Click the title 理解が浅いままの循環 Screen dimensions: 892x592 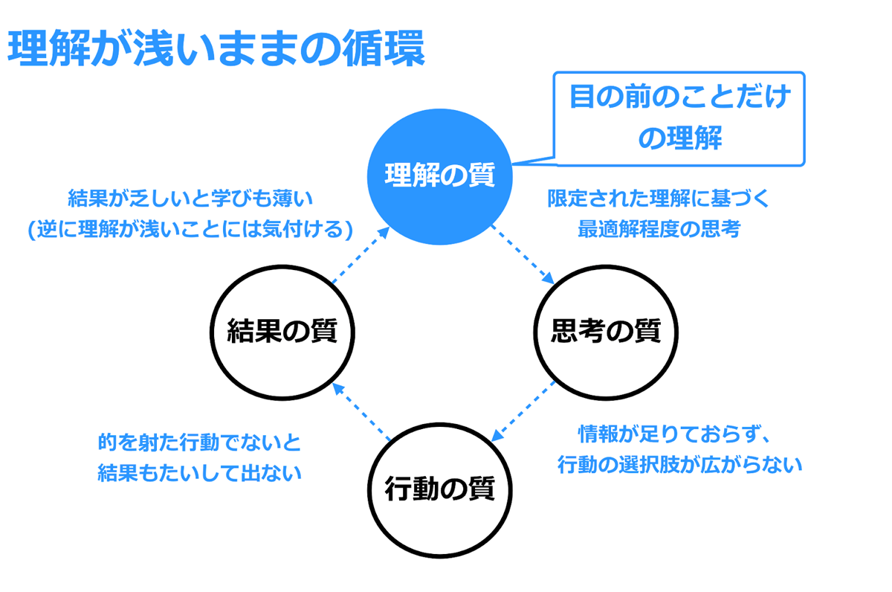point(216,48)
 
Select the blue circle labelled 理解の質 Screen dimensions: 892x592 point(439,176)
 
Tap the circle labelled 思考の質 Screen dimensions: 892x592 point(606,332)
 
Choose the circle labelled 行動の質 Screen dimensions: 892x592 point(439,490)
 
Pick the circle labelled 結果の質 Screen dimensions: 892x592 point(282,332)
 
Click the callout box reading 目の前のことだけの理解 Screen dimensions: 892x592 point(679,119)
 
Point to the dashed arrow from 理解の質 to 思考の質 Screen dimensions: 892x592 point(523,254)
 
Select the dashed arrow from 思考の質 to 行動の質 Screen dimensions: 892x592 point(523,411)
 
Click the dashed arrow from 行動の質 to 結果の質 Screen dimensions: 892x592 point(361,411)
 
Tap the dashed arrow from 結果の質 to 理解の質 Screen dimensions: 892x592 point(361,254)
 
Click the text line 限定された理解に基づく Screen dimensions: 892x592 point(659,199)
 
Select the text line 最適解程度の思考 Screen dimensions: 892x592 point(659,228)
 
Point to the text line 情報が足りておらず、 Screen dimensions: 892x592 point(673,434)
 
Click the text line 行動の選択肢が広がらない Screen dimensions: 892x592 point(679,465)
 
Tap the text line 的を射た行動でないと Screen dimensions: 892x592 point(199,443)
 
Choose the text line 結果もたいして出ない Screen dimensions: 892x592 point(199,473)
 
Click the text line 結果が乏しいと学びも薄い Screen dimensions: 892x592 point(190,199)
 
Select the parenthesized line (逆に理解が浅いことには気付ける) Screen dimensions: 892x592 point(190,229)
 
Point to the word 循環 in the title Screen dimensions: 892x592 point(384,48)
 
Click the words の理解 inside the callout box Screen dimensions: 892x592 point(679,138)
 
